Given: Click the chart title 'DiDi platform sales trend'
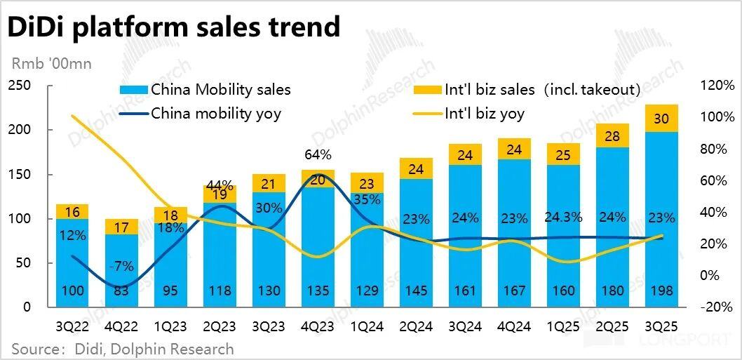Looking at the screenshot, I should click(174, 27).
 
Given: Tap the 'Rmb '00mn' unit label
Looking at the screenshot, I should click(51, 64).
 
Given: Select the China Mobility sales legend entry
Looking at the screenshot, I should click(205, 90).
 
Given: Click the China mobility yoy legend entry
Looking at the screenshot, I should click(201, 113).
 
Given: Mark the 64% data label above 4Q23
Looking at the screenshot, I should click(318, 154).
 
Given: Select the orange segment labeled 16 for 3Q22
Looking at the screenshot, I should click(72, 211).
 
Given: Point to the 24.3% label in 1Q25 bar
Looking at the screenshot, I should click(562, 217).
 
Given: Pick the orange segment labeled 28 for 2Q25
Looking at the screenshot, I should click(612, 136).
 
